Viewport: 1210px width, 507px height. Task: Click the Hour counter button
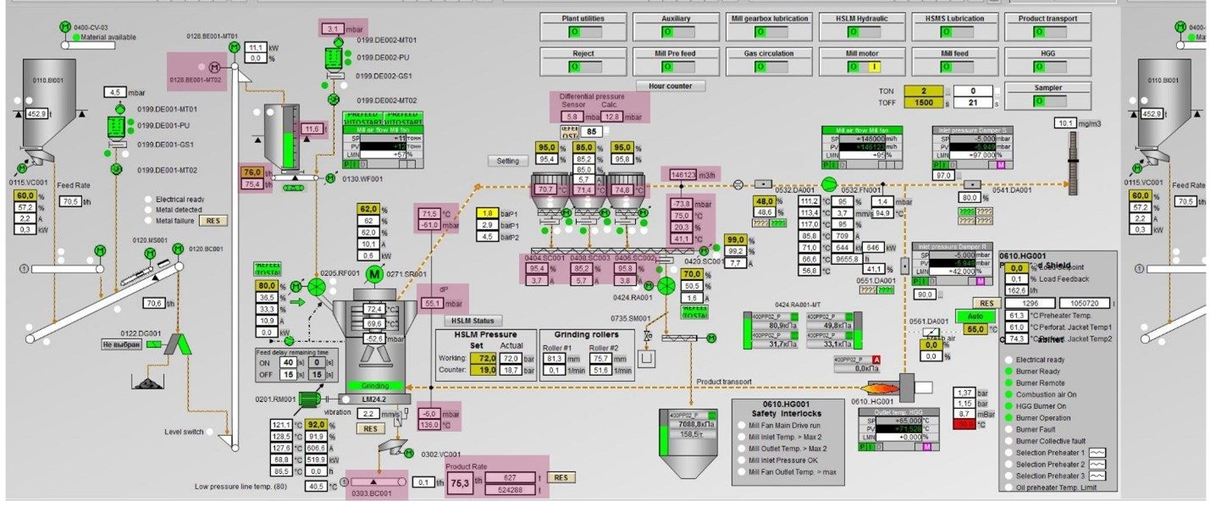tap(670, 85)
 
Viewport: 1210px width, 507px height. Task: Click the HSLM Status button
tap(472, 320)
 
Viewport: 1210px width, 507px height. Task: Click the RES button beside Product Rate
tap(560, 477)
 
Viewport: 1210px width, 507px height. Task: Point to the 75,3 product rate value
tap(459, 483)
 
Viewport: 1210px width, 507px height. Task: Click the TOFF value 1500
tap(920, 102)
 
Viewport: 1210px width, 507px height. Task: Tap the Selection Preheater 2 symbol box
tap(1097, 465)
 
